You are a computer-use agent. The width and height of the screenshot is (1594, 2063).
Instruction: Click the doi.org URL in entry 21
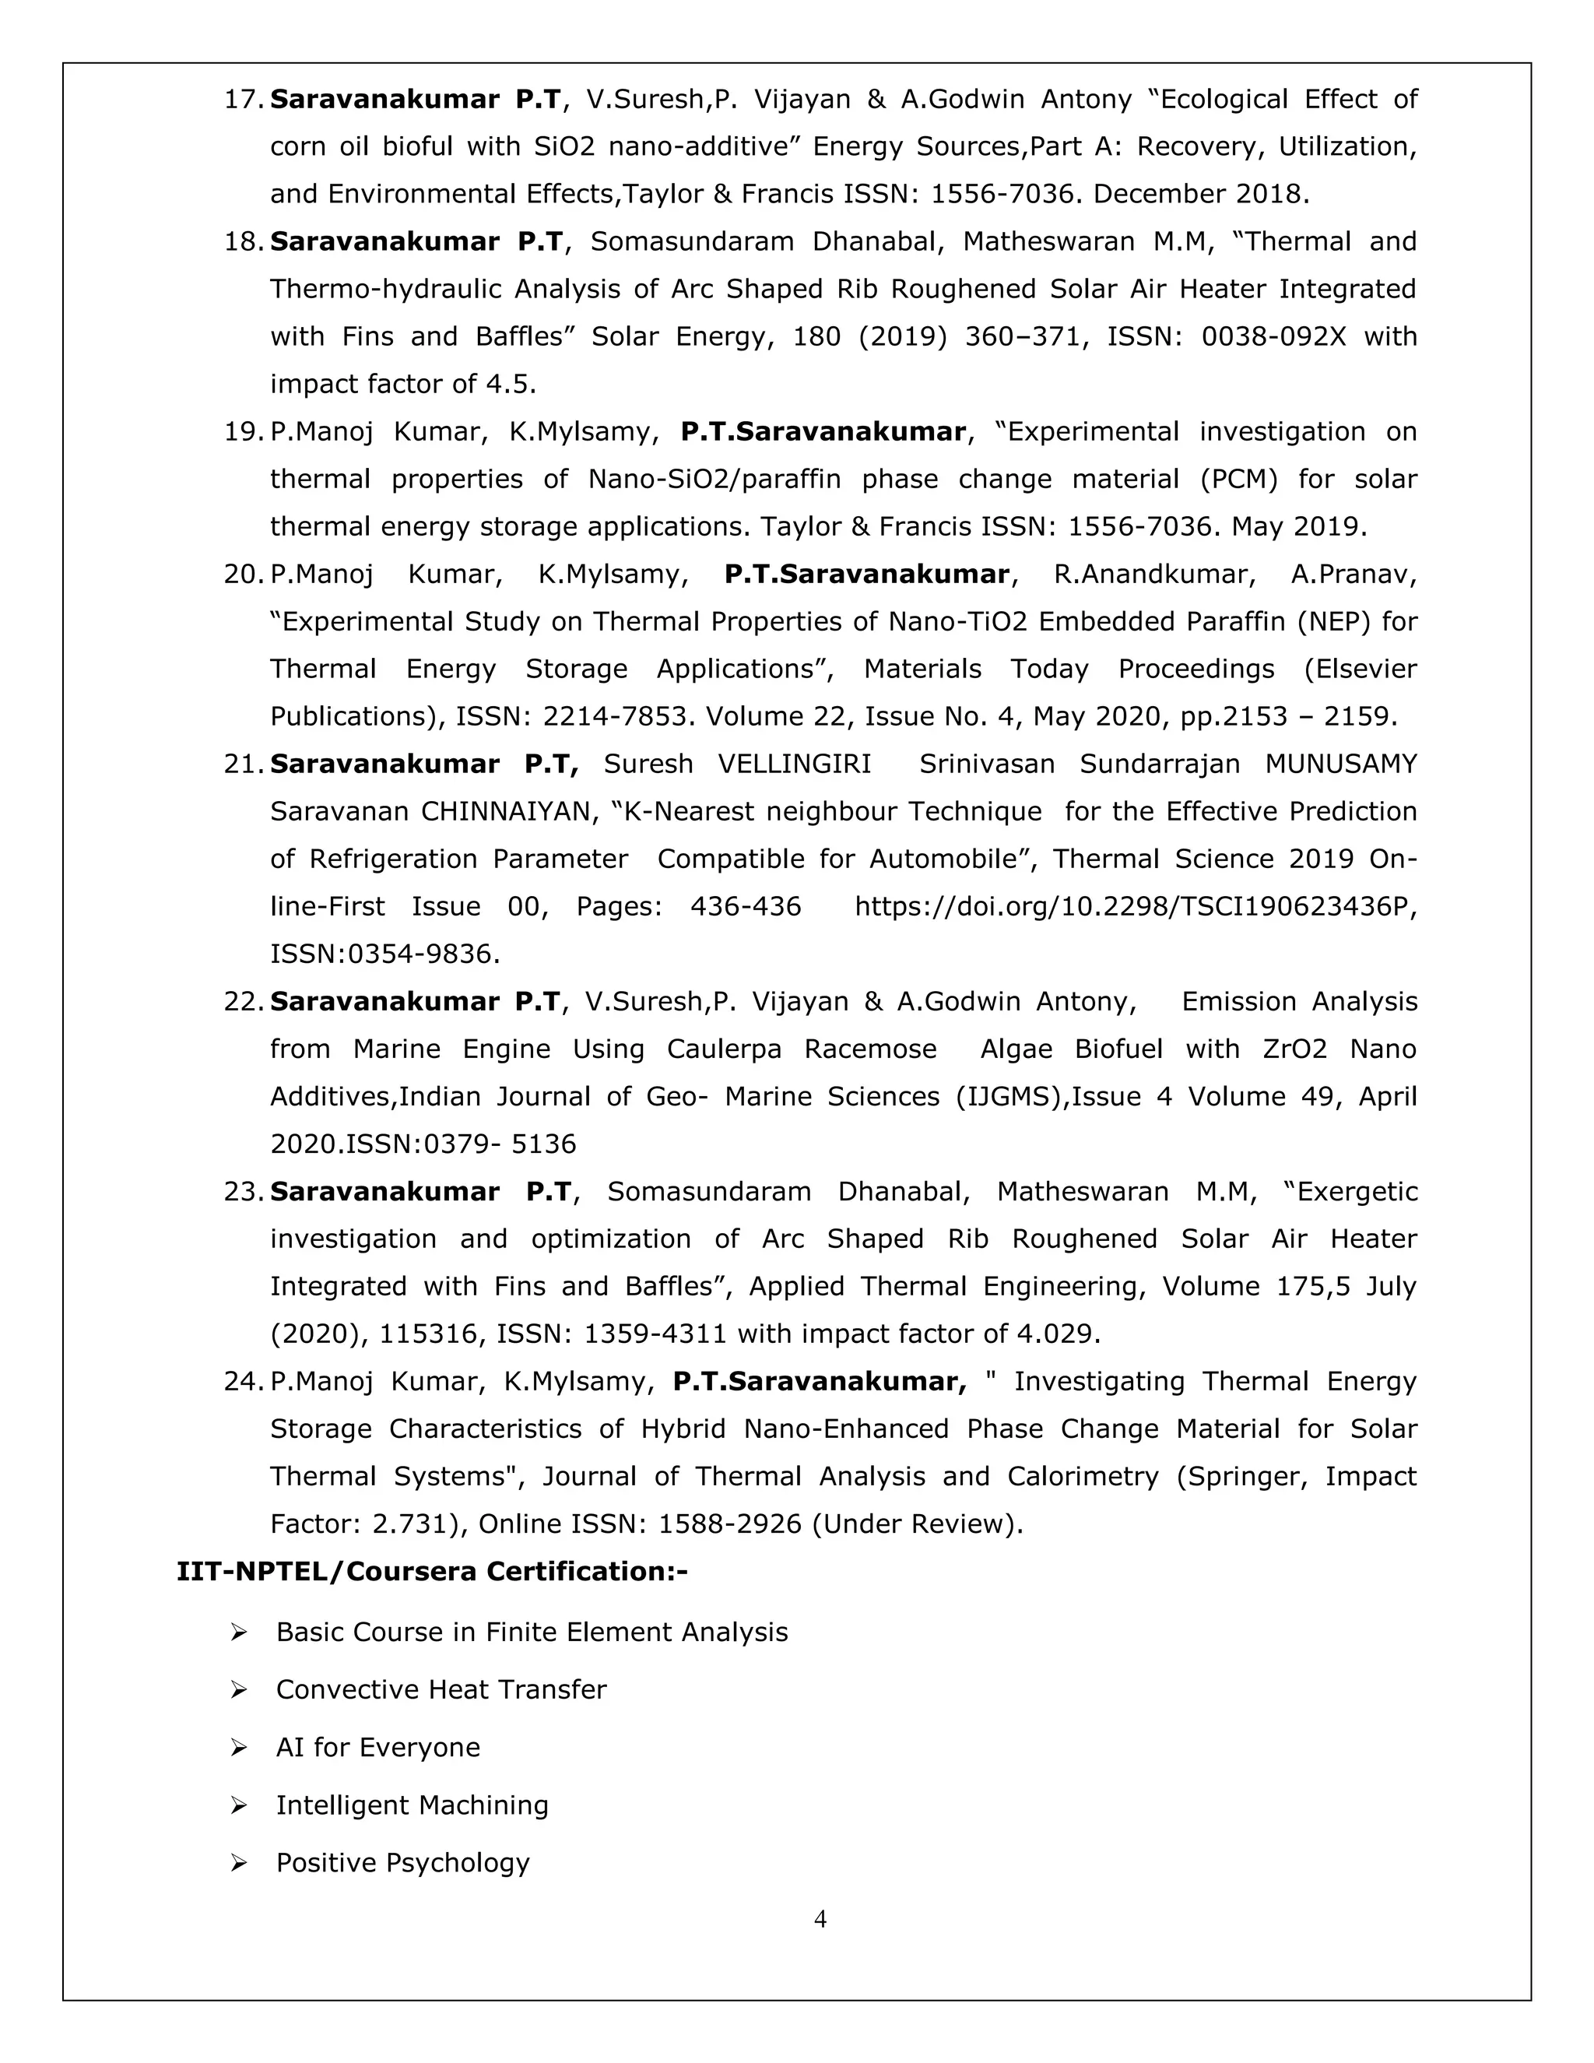(1135, 907)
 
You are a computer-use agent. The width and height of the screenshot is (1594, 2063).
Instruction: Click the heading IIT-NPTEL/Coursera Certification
(431, 1572)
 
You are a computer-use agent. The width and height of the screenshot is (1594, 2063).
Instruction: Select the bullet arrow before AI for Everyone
(239, 1748)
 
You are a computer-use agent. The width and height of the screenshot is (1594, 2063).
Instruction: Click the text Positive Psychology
(402, 1863)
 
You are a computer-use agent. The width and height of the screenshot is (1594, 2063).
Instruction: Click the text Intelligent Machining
(412, 1805)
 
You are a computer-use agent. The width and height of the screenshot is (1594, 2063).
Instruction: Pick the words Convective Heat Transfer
(441, 1690)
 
